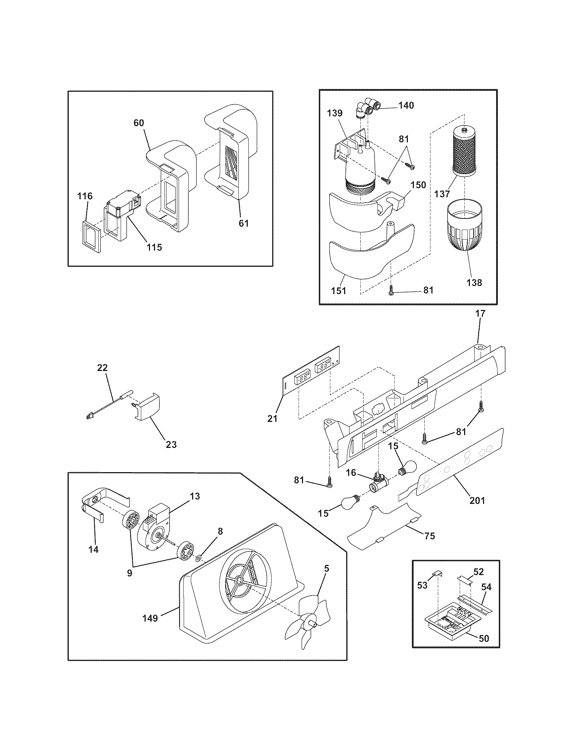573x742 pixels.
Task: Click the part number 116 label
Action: [x=85, y=196]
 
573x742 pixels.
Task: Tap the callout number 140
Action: [x=406, y=106]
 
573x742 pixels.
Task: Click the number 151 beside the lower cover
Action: [x=338, y=290]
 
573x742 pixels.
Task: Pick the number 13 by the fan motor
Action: [x=194, y=496]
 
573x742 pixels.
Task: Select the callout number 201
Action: [x=477, y=500]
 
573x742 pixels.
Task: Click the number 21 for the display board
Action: [x=272, y=419]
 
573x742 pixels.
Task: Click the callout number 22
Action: [x=102, y=368]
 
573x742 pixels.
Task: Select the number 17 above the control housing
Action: [x=480, y=313]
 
